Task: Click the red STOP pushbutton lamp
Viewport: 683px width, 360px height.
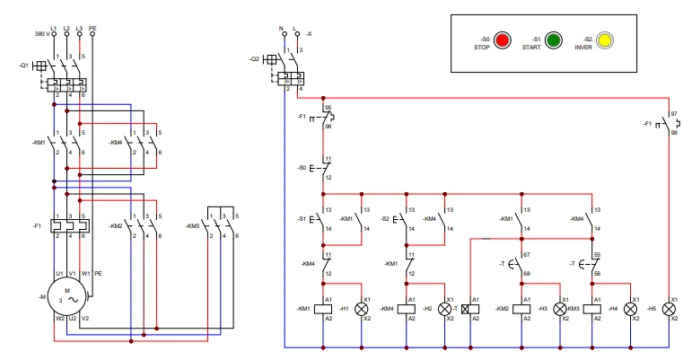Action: [x=502, y=40]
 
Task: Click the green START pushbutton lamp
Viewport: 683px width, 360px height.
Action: [x=554, y=40]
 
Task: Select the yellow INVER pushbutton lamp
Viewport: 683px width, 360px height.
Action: [x=605, y=40]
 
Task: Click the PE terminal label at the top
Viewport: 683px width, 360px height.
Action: [x=92, y=28]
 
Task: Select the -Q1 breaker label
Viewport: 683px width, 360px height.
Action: [x=23, y=65]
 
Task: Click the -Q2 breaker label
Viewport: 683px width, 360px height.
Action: [x=254, y=59]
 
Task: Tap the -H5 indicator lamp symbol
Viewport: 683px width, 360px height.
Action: [x=669, y=308]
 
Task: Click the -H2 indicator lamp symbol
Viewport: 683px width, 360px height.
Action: [x=444, y=308]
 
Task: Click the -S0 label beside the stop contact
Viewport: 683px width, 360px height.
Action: [x=302, y=168]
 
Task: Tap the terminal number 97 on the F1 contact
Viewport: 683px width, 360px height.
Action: [x=674, y=114]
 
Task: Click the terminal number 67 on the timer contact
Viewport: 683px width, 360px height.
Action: [x=527, y=256]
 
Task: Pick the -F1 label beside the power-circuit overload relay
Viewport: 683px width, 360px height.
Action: [x=36, y=224]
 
